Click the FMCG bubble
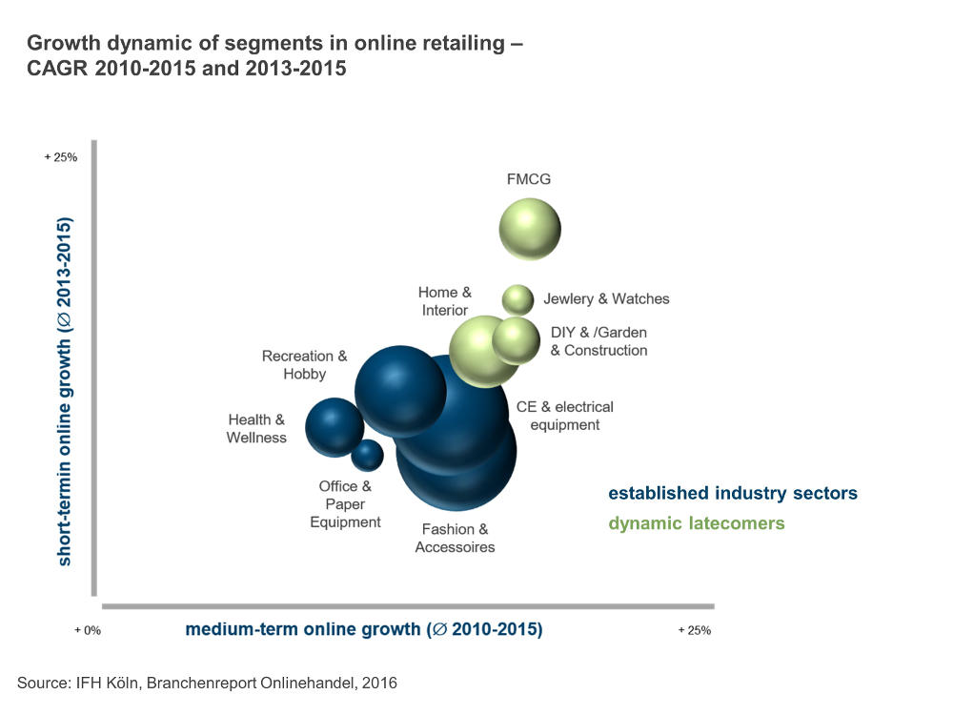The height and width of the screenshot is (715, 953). (x=530, y=229)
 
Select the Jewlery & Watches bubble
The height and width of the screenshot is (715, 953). (x=517, y=299)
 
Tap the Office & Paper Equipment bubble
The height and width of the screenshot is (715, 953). (x=367, y=456)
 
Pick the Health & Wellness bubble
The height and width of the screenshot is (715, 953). (x=334, y=427)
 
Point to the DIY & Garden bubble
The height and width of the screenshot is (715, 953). (x=517, y=340)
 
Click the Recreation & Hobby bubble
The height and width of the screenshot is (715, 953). (x=400, y=390)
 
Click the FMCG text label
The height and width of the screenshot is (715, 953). (x=529, y=179)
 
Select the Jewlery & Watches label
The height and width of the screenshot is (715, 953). (x=606, y=299)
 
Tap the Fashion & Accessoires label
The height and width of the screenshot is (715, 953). (x=456, y=538)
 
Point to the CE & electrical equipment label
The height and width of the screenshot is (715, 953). (x=565, y=416)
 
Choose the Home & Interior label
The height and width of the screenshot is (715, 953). (x=445, y=301)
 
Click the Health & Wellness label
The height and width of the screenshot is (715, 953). (x=256, y=428)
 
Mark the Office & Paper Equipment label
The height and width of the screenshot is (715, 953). (x=345, y=504)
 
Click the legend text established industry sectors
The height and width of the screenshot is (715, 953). (x=733, y=494)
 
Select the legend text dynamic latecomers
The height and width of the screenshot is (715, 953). (x=697, y=523)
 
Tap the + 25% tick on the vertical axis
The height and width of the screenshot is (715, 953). (x=61, y=157)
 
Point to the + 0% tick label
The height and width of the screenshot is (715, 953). (x=88, y=630)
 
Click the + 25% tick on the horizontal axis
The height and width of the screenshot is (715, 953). (x=694, y=630)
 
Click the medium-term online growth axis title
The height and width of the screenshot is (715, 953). (x=363, y=629)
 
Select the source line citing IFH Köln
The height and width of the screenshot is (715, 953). (x=207, y=683)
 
